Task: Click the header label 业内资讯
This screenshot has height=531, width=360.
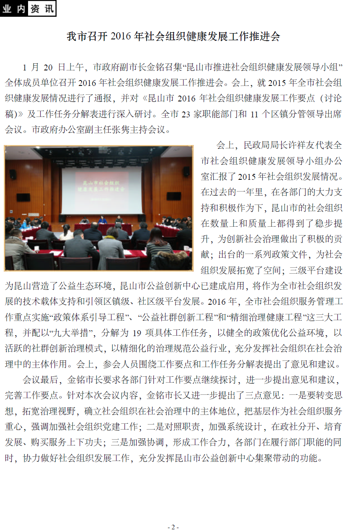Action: point(28,9)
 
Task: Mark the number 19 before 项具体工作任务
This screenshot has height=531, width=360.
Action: point(137,333)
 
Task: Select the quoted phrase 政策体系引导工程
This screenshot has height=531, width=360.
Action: point(102,318)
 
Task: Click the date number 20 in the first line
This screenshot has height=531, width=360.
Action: point(49,67)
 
